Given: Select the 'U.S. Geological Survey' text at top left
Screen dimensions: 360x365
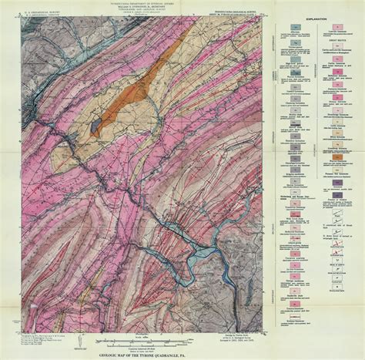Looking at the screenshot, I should (x=33, y=13).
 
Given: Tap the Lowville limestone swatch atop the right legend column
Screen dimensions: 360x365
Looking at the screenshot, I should (x=333, y=29).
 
